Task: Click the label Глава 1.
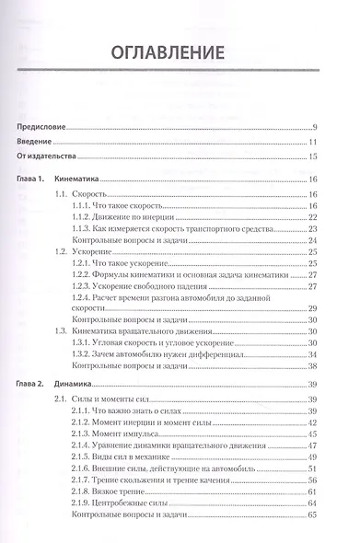tap(32, 180)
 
